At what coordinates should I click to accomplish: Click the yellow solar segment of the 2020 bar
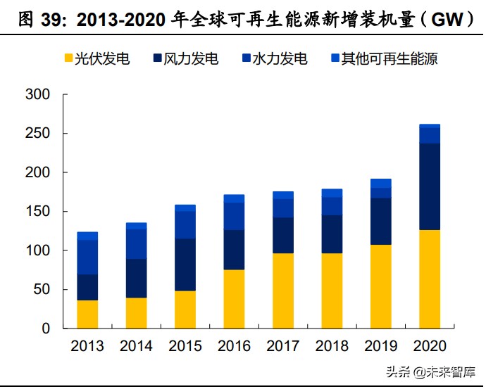pos(430,279)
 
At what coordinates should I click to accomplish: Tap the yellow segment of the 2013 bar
pos(87,314)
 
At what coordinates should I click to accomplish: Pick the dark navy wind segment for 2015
pos(185,264)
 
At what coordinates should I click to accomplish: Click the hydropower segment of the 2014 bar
pos(136,244)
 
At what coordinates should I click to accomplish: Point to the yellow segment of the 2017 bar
pos(283,291)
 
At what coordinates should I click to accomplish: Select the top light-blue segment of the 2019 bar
pos(381,183)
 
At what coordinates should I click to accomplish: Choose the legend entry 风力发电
pos(185,59)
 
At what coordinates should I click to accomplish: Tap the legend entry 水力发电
pos(274,59)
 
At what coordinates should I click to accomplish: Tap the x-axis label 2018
pos(332,346)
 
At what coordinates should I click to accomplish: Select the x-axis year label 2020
pos(430,346)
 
